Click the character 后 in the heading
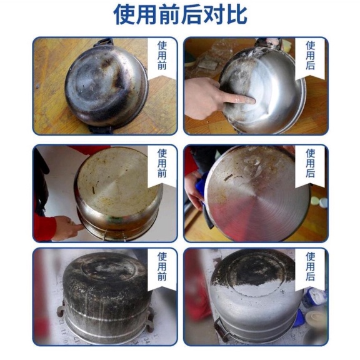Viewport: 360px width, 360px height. [x=191, y=15]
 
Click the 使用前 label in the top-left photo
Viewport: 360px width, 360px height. [x=162, y=56]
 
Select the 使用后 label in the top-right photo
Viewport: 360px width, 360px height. [x=310, y=56]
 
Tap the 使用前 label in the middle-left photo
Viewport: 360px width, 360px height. [x=162, y=163]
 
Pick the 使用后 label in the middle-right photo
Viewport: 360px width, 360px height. [x=310, y=163]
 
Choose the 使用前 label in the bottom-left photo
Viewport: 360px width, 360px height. [x=162, y=266]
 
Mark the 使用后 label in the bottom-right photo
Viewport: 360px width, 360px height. [x=310, y=266]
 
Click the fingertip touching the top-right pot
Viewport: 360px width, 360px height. [x=252, y=100]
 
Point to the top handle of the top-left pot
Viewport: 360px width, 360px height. [x=104, y=42]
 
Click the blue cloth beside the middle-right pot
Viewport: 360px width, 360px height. [x=201, y=188]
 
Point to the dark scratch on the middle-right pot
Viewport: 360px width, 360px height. [x=229, y=177]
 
